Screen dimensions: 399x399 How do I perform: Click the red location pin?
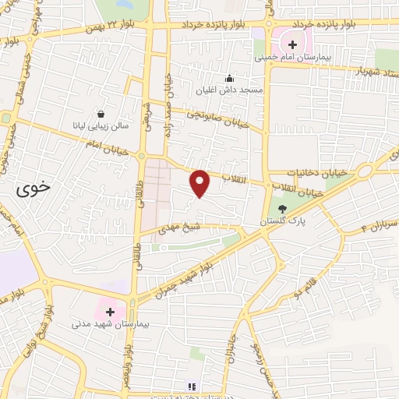click(x=200, y=182)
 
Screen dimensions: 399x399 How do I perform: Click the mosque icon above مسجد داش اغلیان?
click(x=229, y=78)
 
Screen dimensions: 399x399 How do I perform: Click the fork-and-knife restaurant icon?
click(x=192, y=386)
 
